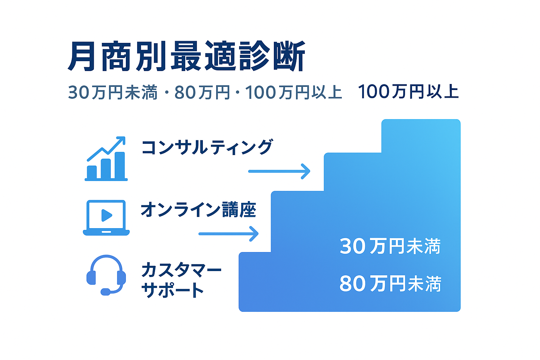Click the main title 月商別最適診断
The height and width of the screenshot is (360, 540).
(187, 56)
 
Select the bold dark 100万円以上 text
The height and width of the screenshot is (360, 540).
(408, 92)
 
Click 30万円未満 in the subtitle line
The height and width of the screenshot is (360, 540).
(113, 92)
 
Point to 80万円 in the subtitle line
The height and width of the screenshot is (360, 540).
(202, 92)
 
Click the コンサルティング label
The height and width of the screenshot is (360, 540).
(207, 147)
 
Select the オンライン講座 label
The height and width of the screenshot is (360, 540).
(198, 210)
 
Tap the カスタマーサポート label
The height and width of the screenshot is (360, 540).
(181, 280)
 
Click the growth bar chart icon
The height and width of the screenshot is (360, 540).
(106, 159)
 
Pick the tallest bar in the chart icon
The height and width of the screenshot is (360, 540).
(120, 166)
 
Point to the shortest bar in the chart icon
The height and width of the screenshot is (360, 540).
(92, 172)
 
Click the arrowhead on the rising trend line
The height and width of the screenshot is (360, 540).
(122, 140)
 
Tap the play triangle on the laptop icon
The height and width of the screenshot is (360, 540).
(107, 215)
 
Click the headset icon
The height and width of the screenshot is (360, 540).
(106, 275)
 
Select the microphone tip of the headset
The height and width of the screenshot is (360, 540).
(105, 292)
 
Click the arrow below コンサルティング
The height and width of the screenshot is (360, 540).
(279, 172)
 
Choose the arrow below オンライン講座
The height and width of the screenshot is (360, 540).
(229, 234)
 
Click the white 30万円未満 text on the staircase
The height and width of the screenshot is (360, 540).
(390, 246)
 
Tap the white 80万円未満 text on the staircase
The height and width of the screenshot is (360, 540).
(390, 284)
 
